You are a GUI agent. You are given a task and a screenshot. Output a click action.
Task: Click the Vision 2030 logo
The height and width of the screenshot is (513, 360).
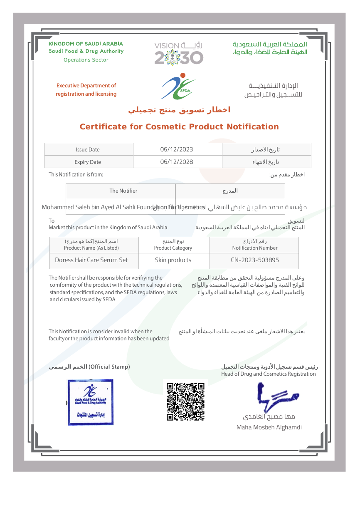point(179,53)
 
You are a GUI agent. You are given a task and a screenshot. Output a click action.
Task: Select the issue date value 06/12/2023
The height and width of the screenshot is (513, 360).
point(177,149)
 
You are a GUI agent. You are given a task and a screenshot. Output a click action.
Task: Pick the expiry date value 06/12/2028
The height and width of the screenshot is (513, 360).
point(177,162)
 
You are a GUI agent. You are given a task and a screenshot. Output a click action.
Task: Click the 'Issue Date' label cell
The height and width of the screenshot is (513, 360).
point(88,150)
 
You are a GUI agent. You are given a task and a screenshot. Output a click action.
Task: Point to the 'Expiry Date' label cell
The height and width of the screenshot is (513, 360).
point(88,162)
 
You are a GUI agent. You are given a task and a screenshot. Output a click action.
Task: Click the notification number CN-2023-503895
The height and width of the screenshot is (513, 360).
point(255,260)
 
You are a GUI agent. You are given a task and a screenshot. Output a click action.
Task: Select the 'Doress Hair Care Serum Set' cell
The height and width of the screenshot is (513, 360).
point(91,260)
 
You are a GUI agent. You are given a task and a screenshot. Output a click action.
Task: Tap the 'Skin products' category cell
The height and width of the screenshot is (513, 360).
point(173,260)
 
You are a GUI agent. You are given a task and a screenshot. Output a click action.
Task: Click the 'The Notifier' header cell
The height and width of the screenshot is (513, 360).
point(123,191)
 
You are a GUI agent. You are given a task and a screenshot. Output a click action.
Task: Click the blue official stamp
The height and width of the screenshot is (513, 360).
point(91,402)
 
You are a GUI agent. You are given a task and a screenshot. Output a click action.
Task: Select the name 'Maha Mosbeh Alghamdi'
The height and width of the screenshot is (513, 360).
point(269,427)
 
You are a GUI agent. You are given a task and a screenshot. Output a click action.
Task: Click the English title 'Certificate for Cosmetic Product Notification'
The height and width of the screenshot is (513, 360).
point(179,127)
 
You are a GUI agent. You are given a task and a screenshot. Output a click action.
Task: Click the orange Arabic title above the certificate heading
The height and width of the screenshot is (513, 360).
point(179,110)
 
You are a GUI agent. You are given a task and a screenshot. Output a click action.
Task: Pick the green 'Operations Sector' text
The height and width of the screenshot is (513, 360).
point(86,60)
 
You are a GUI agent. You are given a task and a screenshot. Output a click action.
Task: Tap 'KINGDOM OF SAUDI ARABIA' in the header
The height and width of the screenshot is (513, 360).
point(86,44)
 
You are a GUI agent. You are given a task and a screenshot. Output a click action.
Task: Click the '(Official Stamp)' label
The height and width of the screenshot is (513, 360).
point(109,367)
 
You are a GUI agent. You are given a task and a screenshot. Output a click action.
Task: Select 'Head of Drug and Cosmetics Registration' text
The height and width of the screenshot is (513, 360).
point(268,374)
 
